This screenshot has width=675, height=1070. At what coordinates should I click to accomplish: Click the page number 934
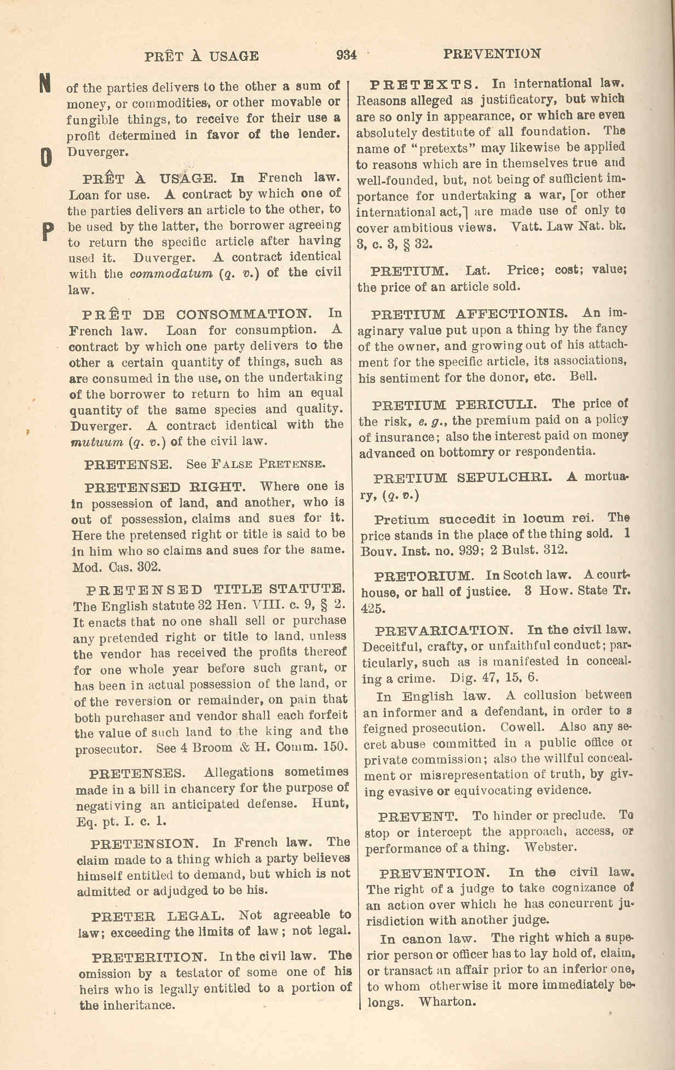coord(347,55)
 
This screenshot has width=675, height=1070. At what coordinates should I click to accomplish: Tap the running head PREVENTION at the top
coord(492,54)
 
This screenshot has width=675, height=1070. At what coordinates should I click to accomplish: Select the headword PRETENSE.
coord(129,465)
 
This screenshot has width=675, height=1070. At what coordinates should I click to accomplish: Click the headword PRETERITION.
coord(149,957)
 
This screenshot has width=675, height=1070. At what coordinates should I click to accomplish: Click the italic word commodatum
coord(171,273)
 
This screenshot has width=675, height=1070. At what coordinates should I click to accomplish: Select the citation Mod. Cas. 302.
coord(117,567)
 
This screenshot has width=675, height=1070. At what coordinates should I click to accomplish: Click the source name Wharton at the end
coord(446,1002)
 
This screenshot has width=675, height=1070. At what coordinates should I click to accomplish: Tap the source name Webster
coord(550,848)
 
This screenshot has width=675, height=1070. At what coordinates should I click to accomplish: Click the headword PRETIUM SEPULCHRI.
coord(463,477)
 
